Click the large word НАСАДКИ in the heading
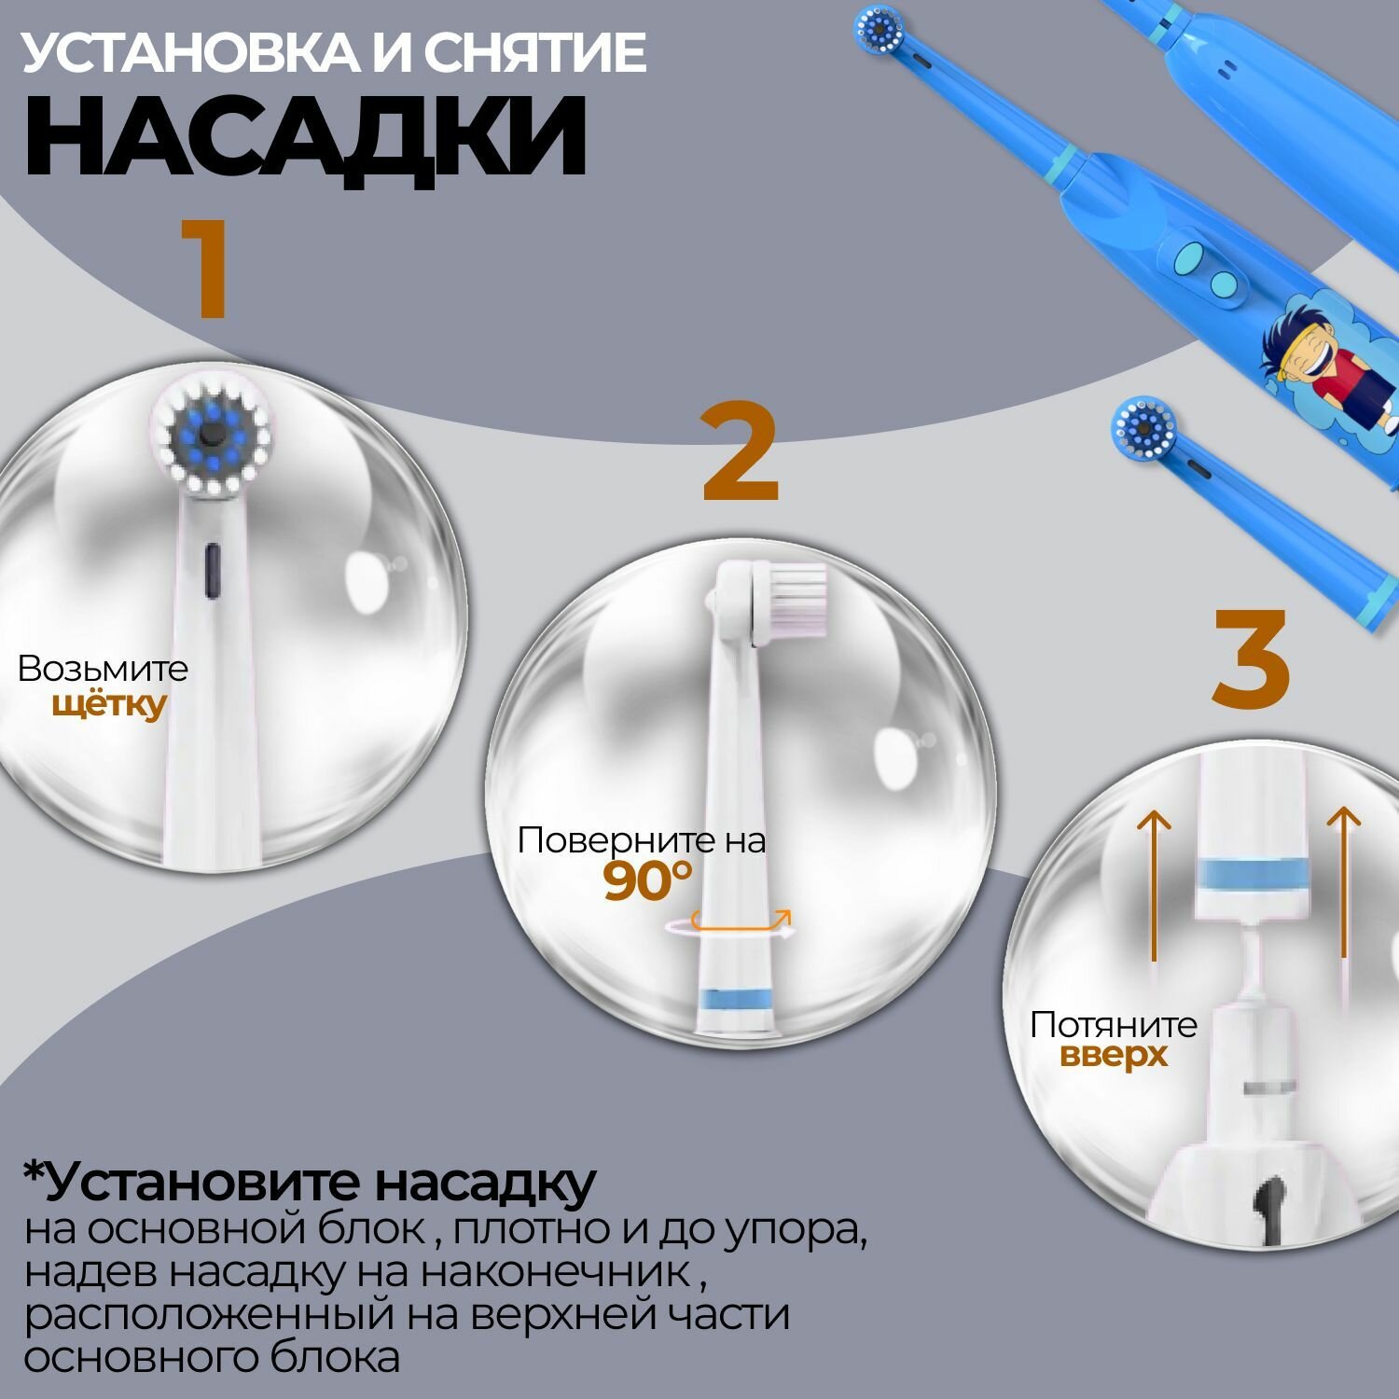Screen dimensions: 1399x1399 (x=306, y=137)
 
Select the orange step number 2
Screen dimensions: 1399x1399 (x=741, y=454)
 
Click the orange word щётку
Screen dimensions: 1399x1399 (x=108, y=705)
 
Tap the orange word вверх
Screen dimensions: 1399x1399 (x=1114, y=1057)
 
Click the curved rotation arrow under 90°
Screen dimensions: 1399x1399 (x=729, y=925)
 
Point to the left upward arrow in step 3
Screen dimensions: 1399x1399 (x=1155, y=885)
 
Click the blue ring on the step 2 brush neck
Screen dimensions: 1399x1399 (x=735, y=997)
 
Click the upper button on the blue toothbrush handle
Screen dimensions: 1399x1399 (x=1190, y=253)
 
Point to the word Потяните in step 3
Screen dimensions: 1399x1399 (x=1114, y=1025)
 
